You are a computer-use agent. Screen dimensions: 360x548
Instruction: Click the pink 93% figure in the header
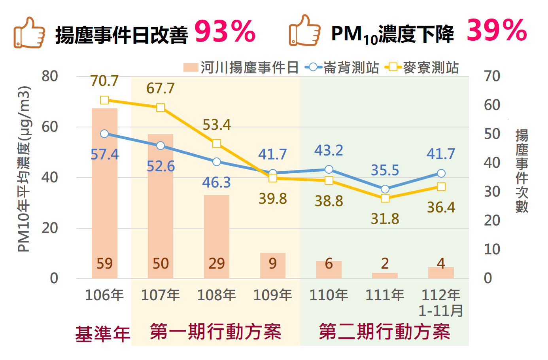click(x=225, y=32)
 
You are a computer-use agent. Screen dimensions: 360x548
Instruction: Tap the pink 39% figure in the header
click(x=497, y=30)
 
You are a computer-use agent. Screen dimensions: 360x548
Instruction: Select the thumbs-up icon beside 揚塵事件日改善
click(x=29, y=33)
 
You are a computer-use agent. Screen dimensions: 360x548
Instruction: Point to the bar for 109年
click(x=273, y=265)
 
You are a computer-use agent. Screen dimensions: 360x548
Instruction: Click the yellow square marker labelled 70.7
click(x=104, y=100)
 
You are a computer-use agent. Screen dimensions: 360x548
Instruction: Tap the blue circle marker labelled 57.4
click(x=104, y=134)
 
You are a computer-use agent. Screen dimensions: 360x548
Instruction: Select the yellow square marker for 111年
click(x=385, y=198)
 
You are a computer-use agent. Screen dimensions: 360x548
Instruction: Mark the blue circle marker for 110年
click(x=329, y=170)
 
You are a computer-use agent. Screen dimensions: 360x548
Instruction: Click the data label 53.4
click(x=217, y=125)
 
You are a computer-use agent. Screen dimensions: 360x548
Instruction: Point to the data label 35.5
click(x=385, y=171)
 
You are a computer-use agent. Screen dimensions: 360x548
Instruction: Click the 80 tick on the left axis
click(x=50, y=76)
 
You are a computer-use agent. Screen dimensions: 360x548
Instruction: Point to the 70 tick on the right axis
click(x=492, y=76)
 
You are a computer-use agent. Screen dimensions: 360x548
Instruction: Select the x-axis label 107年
click(x=161, y=295)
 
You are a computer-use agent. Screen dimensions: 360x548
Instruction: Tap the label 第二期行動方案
click(x=384, y=332)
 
